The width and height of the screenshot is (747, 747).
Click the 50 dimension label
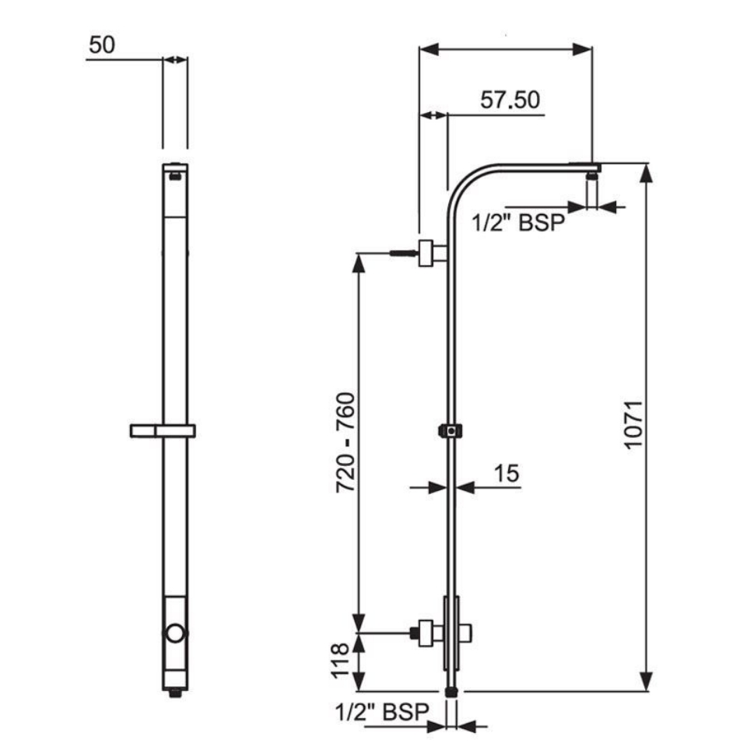[101, 45]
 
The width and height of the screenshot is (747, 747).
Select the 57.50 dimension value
[510, 100]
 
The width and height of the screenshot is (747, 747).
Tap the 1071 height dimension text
[632, 424]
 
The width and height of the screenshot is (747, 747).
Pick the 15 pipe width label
[507, 472]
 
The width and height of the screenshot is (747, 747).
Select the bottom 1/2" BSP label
[383, 711]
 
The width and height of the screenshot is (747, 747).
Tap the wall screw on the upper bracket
[402, 253]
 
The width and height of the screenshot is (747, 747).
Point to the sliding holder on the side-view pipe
[451, 430]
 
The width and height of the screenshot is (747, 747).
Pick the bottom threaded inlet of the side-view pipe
[451, 690]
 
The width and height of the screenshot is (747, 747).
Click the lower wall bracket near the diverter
[426, 633]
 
